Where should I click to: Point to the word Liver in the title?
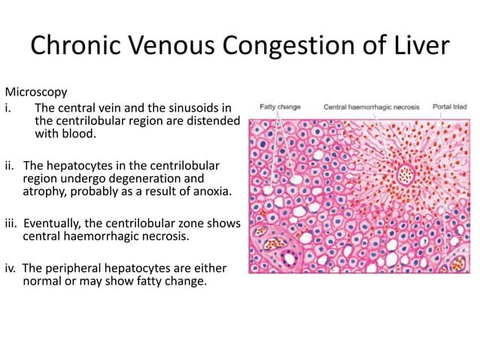point(421,47)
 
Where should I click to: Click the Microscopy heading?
point(36,92)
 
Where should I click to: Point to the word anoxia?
point(214,192)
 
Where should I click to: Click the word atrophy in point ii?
point(44,192)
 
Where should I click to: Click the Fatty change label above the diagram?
point(280,107)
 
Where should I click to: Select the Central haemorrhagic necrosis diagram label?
point(372,107)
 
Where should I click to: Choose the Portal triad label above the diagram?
point(450,107)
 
